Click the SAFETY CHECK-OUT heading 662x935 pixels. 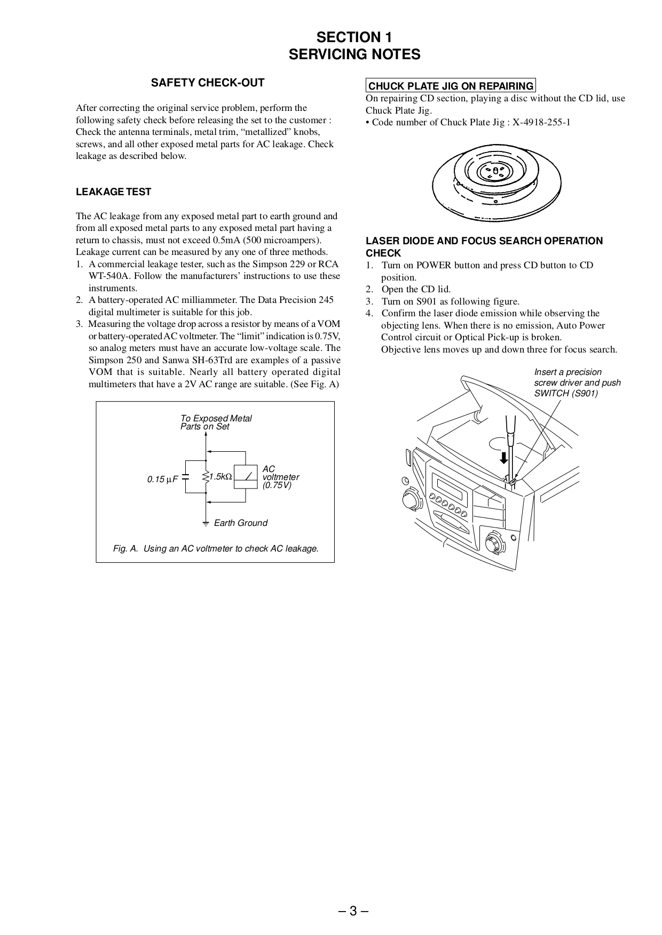pos(208,83)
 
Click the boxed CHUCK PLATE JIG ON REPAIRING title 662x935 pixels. pos(451,86)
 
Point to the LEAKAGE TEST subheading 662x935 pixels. pos(113,192)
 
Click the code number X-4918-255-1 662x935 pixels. pos(541,122)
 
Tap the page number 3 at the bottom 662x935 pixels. pos(353,910)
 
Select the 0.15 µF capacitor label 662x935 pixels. pos(162,480)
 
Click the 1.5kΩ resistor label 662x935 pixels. pos(219,477)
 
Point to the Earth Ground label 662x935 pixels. pos(240,523)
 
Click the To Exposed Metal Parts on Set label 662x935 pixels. pos(216,422)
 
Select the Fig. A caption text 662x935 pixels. pos(216,548)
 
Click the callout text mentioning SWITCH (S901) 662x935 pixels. pos(577,382)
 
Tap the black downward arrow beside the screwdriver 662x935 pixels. pos(502,458)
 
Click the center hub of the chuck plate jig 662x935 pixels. pos(496,170)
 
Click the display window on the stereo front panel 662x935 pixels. pos(451,488)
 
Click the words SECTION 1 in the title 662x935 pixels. pos(354,37)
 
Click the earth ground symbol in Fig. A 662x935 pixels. pos(206,523)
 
